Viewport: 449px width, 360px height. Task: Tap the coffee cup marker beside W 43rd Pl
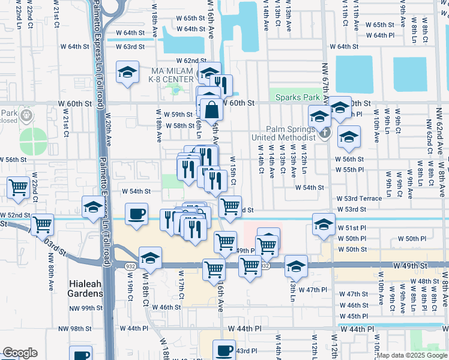pyautogui.click(x=224, y=350)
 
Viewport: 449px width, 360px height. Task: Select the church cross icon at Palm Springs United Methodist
pyautogui.click(x=324, y=132)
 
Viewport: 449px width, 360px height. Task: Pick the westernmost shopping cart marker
pyautogui.click(x=19, y=188)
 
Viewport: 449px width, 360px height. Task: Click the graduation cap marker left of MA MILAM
pyautogui.click(x=127, y=73)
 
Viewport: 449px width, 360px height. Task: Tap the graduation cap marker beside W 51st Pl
pyautogui.click(x=324, y=225)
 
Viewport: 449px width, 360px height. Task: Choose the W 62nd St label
pyautogui.click(x=191, y=61)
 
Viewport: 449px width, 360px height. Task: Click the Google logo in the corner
pyautogui.click(x=20, y=353)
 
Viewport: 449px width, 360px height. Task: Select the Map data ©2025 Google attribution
pyautogui.click(x=412, y=355)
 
